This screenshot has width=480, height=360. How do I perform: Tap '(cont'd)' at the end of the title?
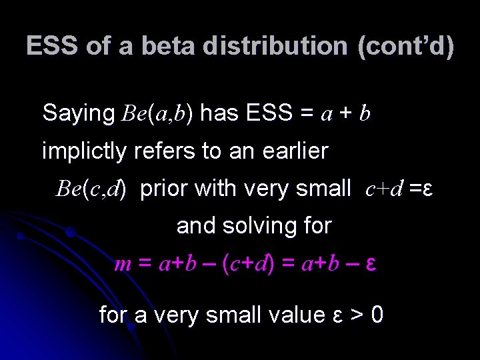click(x=405, y=47)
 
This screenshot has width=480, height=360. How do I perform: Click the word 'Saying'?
click(x=79, y=114)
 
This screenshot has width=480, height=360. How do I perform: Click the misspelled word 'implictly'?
click(x=84, y=151)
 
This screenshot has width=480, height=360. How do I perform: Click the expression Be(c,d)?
click(x=91, y=189)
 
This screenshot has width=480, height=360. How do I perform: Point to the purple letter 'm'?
click(x=123, y=265)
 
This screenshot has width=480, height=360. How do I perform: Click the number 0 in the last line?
click(x=376, y=314)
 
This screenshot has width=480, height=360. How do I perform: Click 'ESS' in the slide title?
click(x=50, y=47)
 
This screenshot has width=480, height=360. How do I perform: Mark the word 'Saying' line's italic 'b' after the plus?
click(x=364, y=114)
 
